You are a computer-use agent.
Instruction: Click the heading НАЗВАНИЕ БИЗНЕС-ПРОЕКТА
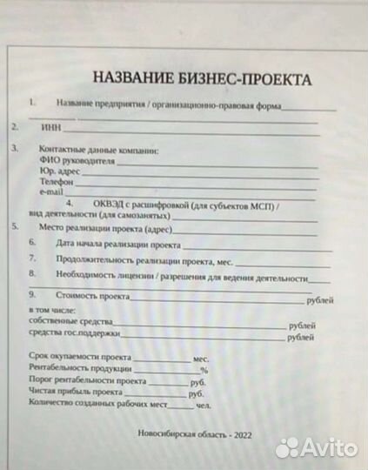click(201, 78)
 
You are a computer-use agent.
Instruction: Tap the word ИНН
click(50, 127)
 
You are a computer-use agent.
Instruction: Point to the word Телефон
click(56, 182)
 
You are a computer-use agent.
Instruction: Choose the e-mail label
click(51, 192)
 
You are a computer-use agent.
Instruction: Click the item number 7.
click(32, 259)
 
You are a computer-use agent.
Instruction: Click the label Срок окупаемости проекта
click(79, 358)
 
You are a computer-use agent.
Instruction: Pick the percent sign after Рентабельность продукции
click(204, 371)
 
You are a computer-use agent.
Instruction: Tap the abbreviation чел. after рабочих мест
click(204, 405)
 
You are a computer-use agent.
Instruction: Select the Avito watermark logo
click(317, 448)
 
